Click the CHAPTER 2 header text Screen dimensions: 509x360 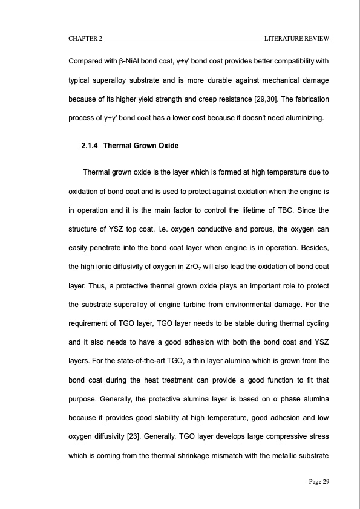click(85, 39)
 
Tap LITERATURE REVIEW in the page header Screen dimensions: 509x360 click(296, 39)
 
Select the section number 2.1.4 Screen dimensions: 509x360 click(90, 146)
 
